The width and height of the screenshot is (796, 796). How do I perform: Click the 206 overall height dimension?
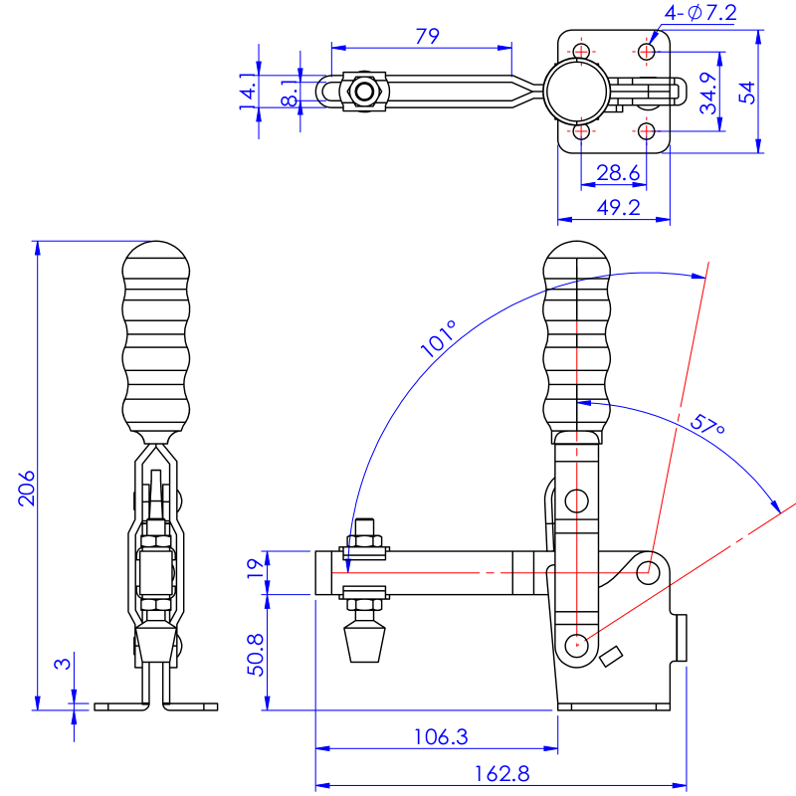click(27, 488)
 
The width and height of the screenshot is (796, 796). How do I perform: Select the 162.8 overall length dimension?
click(501, 774)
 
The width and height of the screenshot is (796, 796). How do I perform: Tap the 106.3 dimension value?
click(441, 737)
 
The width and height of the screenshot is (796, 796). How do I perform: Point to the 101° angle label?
click(439, 338)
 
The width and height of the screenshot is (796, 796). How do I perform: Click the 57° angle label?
click(707, 425)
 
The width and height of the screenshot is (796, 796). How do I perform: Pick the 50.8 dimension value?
click(256, 655)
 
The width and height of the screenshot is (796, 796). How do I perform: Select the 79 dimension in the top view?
click(428, 36)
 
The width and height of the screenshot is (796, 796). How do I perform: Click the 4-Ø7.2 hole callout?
click(700, 13)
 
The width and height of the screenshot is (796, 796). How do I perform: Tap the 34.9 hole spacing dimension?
click(708, 93)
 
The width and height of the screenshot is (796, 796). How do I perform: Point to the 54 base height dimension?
click(747, 93)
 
